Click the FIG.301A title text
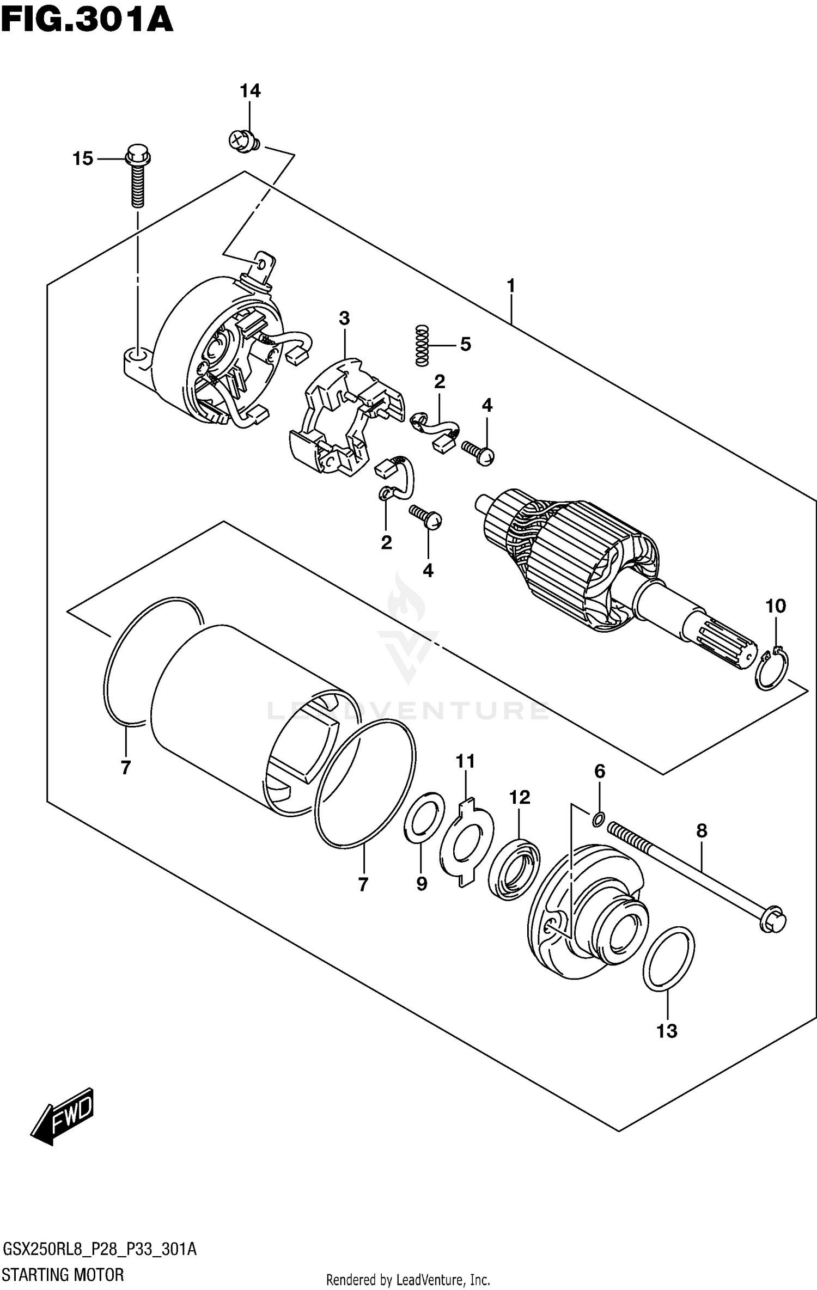[87, 21]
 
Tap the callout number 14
[250, 91]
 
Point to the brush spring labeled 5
[422, 345]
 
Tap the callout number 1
[511, 285]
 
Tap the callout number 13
[667, 1030]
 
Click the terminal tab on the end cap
[264, 267]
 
